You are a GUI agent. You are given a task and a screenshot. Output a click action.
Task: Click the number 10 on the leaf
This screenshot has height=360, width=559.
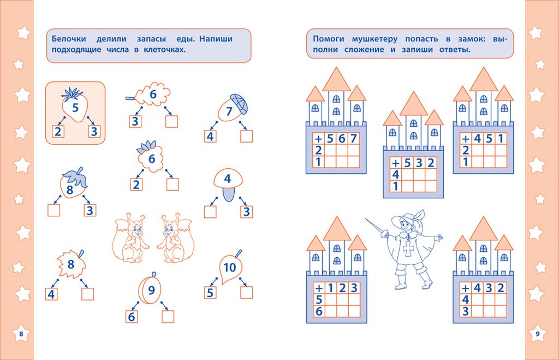click(230, 267)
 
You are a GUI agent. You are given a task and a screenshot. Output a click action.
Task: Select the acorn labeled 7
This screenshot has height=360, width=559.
click(233, 108)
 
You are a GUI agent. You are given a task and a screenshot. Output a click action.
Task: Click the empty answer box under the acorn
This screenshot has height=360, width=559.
click(246, 136)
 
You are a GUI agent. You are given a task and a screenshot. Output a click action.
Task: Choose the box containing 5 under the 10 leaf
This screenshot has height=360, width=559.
click(210, 293)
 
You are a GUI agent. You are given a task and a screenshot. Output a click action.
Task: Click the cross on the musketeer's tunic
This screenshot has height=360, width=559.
click(408, 249)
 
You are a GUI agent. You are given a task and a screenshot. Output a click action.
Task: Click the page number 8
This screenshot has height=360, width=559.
click(21, 334)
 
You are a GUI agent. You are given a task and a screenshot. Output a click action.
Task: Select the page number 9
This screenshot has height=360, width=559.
click(538, 334)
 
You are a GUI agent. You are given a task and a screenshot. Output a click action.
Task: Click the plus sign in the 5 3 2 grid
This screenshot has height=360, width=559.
click(395, 163)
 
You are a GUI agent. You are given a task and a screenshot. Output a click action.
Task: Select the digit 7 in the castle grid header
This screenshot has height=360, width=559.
click(353, 138)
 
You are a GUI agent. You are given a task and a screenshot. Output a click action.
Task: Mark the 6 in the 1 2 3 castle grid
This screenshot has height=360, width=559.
click(319, 311)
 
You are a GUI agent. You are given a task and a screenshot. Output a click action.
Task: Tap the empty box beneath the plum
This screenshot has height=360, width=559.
click(168, 316)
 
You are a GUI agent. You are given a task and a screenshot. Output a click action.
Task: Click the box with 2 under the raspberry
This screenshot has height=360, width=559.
click(136, 185)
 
